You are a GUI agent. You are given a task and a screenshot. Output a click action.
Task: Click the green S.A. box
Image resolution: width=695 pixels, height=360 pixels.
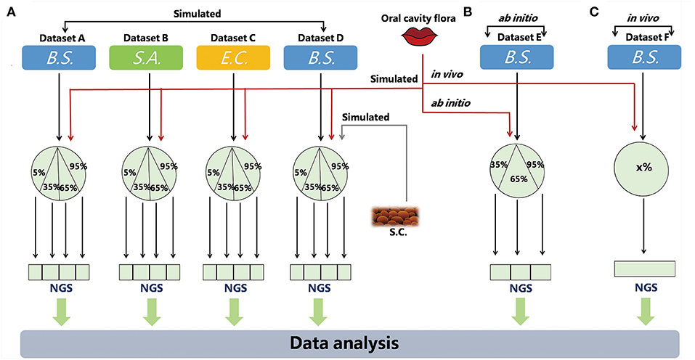pyautogui.click(x=149, y=58)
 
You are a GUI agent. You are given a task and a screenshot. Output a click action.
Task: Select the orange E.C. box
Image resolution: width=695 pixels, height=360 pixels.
pyautogui.click(x=234, y=58)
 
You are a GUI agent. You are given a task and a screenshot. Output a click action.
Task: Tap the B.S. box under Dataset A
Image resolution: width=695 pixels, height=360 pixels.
pyautogui.click(x=59, y=58)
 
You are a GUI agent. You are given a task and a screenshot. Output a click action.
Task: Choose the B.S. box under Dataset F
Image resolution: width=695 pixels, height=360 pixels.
pyautogui.click(x=644, y=58)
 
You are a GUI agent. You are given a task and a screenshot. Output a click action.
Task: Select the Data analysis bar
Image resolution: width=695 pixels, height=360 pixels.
pyautogui.click(x=348, y=341)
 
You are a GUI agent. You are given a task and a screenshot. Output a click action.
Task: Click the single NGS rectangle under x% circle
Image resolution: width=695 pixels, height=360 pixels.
pyautogui.click(x=644, y=269)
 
